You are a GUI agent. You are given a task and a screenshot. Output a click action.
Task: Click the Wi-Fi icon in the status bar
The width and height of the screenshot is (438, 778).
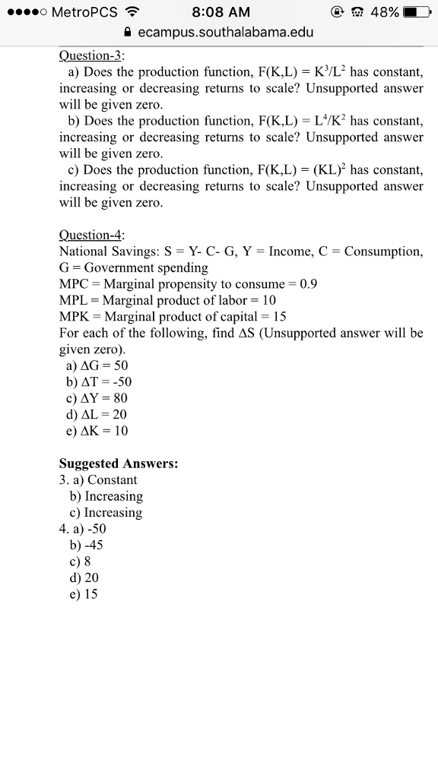pyautogui.click(x=134, y=13)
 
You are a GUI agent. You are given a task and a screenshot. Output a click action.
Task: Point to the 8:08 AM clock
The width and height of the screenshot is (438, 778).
pyautogui.click(x=221, y=13)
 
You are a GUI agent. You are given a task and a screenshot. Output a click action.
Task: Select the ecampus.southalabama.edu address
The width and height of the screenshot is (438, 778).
pyautogui.click(x=226, y=33)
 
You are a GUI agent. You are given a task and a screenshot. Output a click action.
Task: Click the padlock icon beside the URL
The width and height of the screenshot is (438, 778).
pyautogui.click(x=126, y=33)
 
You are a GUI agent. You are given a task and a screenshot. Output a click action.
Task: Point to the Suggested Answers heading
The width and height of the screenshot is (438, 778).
pyautogui.click(x=119, y=463)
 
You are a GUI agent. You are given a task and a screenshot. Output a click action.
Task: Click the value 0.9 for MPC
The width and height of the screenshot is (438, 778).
pyautogui.click(x=309, y=284)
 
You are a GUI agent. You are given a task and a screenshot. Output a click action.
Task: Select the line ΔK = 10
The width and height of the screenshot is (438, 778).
pyautogui.click(x=98, y=431)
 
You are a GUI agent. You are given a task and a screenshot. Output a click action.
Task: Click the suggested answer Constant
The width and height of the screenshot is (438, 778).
pyautogui.click(x=113, y=480)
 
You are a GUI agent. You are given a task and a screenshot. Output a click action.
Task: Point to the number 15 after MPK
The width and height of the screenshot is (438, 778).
pyautogui.click(x=279, y=317)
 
